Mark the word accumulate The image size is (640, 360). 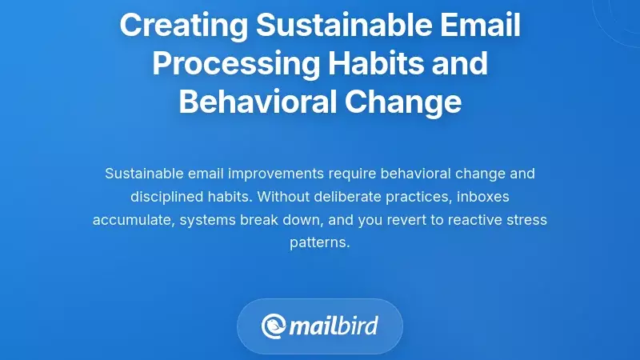click(131, 219)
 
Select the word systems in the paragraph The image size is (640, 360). click(206, 219)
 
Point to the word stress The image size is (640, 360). click(527, 219)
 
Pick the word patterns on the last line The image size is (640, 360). click(319, 242)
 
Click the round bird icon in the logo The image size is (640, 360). click(274, 326)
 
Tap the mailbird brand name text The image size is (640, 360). click(333, 326)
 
